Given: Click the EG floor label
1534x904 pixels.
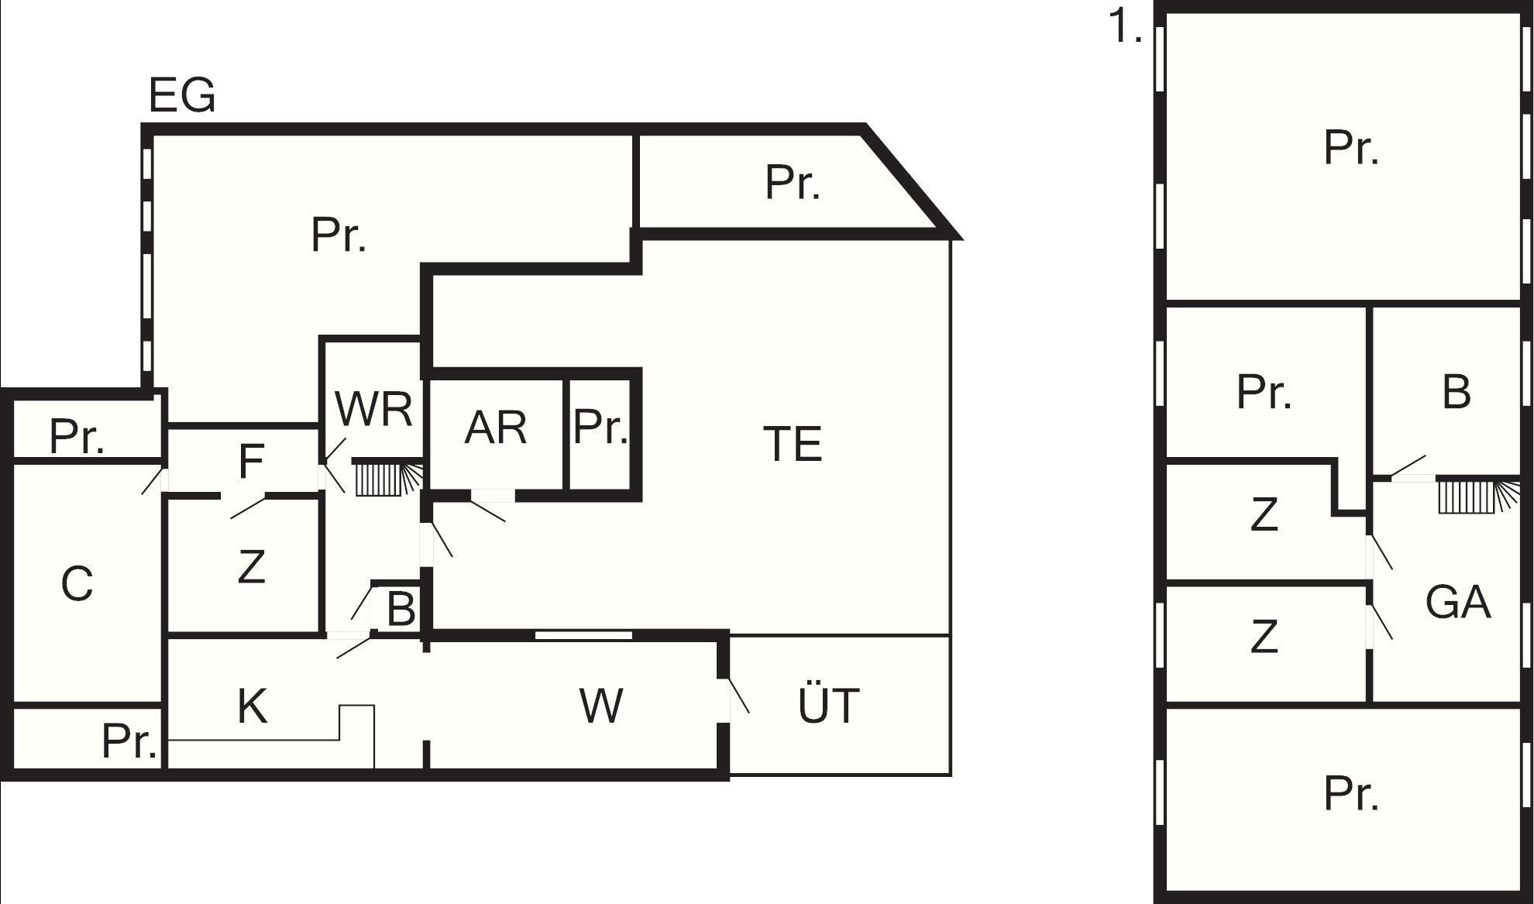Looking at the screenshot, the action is pyautogui.click(x=182, y=95).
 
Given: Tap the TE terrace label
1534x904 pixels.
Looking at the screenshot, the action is pyautogui.click(x=793, y=444).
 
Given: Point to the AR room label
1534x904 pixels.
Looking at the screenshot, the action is pyautogui.click(x=496, y=427).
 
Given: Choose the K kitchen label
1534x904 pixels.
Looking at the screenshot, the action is pyautogui.click(x=253, y=706).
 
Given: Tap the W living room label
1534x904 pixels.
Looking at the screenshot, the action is pyautogui.click(x=601, y=706).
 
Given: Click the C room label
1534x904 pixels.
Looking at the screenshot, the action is pyautogui.click(x=77, y=583).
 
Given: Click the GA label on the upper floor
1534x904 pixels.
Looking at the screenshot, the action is pyautogui.click(x=1458, y=602).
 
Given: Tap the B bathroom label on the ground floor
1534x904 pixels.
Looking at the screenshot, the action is pyautogui.click(x=401, y=609).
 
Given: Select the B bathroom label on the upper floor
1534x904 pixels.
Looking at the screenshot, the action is pyautogui.click(x=1457, y=392).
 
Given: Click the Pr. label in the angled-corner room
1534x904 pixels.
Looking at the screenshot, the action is pyautogui.click(x=793, y=183).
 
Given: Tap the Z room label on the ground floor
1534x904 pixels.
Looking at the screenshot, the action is pyautogui.click(x=252, y=566).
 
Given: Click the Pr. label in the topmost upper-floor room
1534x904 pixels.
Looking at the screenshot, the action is pyautogui.click(x=1352, y=147).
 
